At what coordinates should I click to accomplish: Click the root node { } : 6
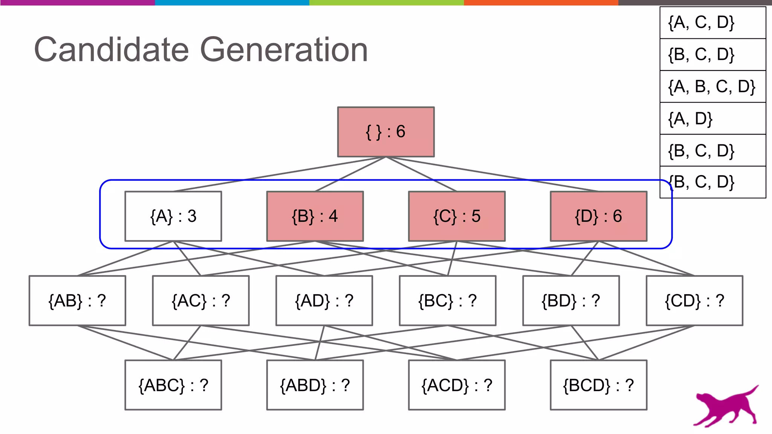pos(386,132)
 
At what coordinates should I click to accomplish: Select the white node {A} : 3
pos(173,216)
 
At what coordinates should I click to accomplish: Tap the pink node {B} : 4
pos(315,216)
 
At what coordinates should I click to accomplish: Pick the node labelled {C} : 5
pos(456,216)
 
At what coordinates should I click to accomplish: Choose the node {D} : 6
pos(598,216)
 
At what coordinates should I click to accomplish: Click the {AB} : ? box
pos(77,301)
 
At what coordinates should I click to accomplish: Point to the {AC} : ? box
pos(201,301)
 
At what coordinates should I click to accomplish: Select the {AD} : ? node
pos(324,301)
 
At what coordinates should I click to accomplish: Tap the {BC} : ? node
pos(447,301)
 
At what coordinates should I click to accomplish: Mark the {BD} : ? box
pos(571,301)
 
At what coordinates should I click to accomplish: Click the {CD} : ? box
pos(694,301)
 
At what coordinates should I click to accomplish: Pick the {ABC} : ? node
pos(173,385)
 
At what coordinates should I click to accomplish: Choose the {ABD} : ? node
pos(315,385)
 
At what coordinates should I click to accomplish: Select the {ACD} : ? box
pos(456,385)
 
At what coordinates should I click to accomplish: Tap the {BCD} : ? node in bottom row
pos(598,385)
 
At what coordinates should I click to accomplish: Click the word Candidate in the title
pos(111,50)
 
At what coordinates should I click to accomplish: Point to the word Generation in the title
pos(283,50)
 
